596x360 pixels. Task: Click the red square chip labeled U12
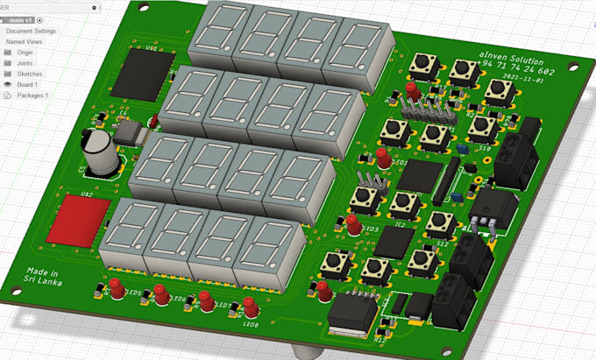click(x=79, y=217)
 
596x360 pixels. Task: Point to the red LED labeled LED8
click(x=249, y=307)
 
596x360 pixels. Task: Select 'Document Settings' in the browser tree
click(x=31, y=31)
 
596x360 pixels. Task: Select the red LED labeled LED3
click(x=352, y=224)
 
